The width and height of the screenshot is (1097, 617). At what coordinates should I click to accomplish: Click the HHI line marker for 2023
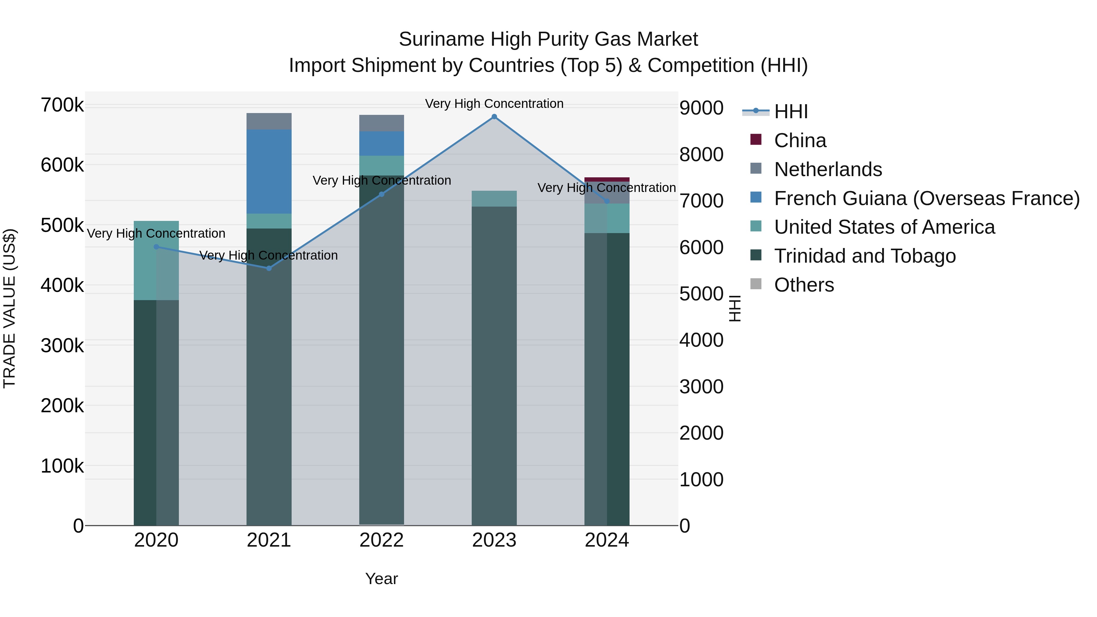494,117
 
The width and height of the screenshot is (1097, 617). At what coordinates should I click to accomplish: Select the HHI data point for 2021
269,268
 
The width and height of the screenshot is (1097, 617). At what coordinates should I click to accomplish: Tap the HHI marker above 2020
156,246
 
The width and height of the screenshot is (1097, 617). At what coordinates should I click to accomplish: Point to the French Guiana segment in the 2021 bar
269,171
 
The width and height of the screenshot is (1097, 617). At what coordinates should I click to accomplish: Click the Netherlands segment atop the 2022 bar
382,123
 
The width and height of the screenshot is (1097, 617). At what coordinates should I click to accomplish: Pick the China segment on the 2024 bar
607,179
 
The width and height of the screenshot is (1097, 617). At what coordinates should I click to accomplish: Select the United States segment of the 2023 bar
494,198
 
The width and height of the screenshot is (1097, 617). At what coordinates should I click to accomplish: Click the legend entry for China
800,140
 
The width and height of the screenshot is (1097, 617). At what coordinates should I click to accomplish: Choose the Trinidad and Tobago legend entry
864,256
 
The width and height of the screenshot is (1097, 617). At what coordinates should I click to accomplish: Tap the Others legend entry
804,285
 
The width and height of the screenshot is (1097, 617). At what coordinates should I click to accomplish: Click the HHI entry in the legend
790,112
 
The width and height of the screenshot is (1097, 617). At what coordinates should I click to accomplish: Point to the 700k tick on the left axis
62,105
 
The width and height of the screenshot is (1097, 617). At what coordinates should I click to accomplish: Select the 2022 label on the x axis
382,540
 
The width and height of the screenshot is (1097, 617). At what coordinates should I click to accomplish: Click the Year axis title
382,579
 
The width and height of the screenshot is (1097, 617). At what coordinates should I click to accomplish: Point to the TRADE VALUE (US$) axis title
9,308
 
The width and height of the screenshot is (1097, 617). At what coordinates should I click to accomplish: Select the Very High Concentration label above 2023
494,104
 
